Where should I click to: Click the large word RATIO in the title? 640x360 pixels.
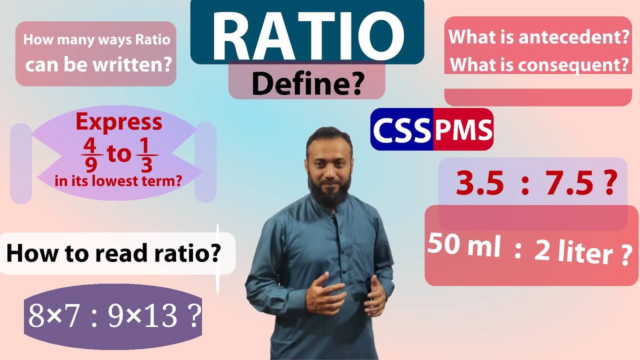coord(307,34)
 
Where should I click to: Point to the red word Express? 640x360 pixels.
coord(119,121)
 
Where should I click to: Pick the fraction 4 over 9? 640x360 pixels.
coord(90,154)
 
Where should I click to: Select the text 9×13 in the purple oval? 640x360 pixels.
coord(142,316)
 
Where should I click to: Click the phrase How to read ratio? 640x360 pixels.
coord(113,253)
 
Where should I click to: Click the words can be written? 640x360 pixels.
coord(98,64)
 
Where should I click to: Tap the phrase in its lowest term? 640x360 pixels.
coord(118,181)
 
